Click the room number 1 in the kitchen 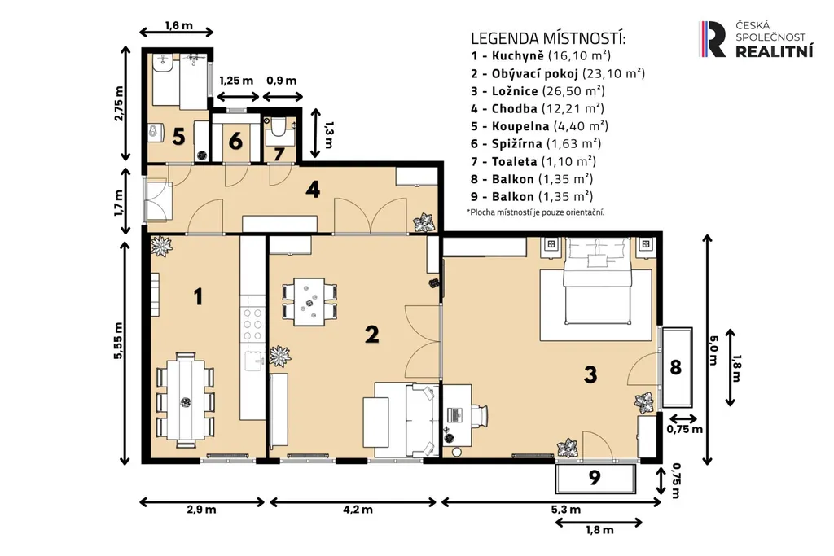point(199,296)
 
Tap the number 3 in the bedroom point(590,374)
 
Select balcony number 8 point(675,367)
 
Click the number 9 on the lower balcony point(595,477)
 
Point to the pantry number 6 point(235,142)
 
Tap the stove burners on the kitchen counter point(252,324)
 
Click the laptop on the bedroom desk point(455,414)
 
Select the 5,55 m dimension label point(118,341)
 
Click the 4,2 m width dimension point(358,510)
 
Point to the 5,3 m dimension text point(566,510)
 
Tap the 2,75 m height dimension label point(118,103)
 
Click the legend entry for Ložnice point(538,91)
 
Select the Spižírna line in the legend point(536,143)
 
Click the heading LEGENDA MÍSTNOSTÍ point(548,38)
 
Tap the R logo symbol point(712,39)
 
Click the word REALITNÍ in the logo point(775,51)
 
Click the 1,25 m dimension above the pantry point(237,81)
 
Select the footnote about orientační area point(536,212)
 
